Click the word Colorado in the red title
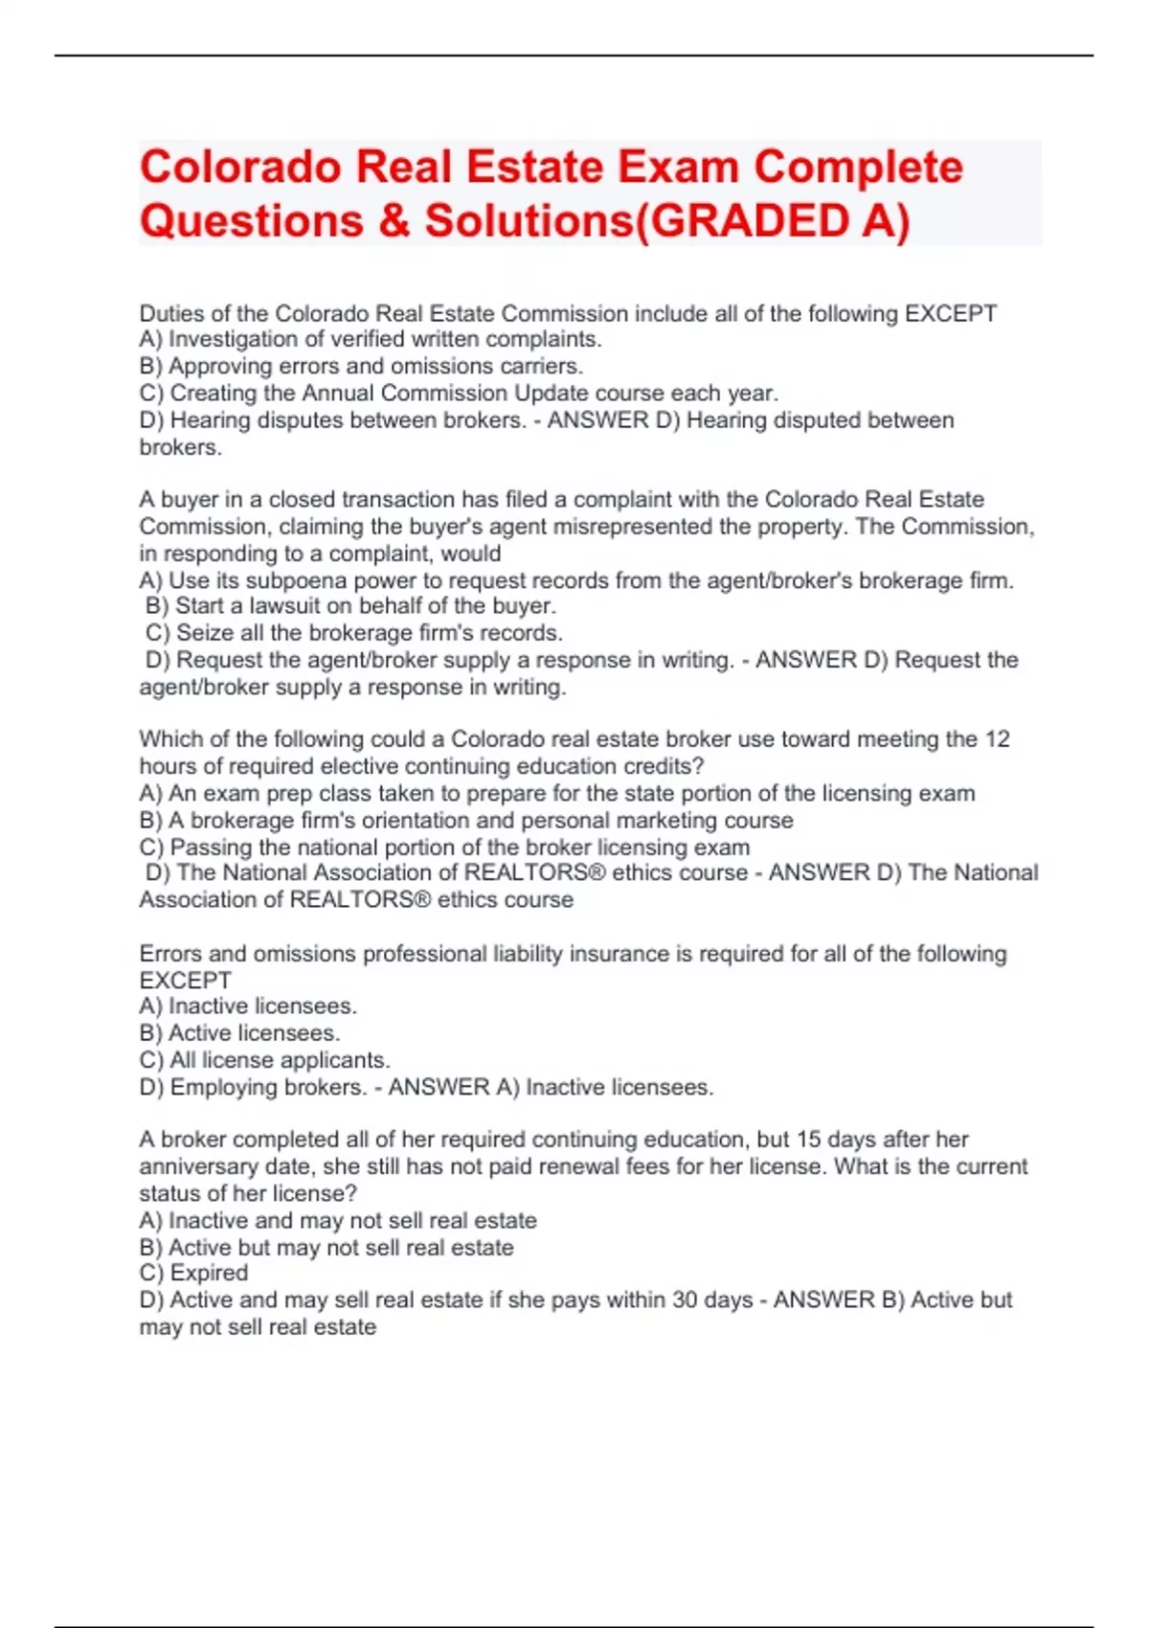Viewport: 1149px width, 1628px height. (240, 168)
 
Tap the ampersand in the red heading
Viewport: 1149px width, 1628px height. (394, 221)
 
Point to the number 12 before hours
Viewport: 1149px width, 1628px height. (997, 739)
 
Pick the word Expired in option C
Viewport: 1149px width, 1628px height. (209, 1273)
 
